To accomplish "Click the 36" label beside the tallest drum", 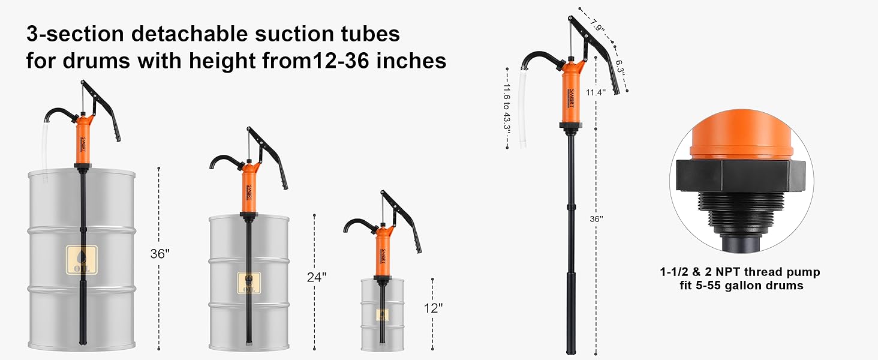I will pos(160,254).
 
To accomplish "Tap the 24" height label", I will pos(316,277).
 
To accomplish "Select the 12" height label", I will pos(433,308).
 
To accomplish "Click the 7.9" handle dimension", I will pos(596,25).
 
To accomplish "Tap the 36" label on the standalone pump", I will pos(596,219).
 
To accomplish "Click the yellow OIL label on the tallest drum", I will pos(82,260).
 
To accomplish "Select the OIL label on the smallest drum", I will pos(382,314).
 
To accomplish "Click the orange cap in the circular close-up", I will pos(741,139).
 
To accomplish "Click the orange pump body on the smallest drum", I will pos(381,252).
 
